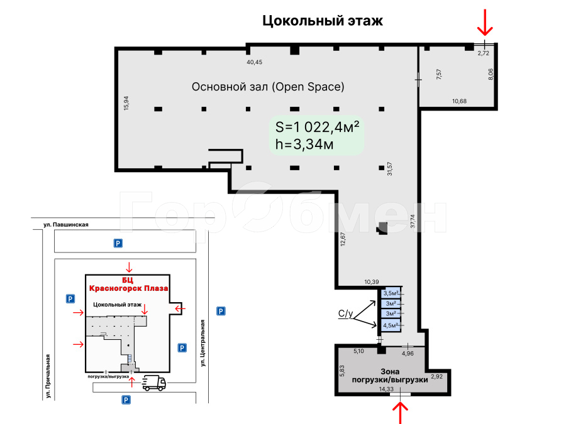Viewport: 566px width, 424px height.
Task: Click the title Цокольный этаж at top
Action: coord(323,21)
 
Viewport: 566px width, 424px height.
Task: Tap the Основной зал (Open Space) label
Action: coord(268,87)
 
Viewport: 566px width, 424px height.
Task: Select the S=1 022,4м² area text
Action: coord(317,127)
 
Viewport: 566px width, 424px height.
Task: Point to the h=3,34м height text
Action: coord(304,144)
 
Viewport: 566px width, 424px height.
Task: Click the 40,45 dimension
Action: coord(255,62)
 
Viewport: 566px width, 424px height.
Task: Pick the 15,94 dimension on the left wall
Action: coord(126,103)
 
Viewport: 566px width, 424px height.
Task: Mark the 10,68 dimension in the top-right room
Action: coord(459,101)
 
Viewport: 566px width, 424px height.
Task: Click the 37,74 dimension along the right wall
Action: coord(413,221)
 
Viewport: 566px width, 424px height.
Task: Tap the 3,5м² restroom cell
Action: coord(391,293)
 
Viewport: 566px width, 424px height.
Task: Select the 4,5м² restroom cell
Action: coord(391,325)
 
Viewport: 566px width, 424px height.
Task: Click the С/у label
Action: coord(345,313)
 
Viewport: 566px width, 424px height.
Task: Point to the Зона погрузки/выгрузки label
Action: coord(390,376)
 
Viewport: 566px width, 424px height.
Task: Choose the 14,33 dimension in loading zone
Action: coord(386,389)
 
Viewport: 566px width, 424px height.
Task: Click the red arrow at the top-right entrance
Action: coord(485,23)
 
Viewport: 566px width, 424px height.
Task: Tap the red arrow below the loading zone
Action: coord(400,413)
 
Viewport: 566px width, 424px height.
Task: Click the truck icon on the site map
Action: coord(154,383)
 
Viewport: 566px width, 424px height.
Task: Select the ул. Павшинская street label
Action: coord(66,225)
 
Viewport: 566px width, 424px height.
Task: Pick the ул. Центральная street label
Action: coord(203,343)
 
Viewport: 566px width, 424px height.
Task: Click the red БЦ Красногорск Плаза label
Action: coord(128,285)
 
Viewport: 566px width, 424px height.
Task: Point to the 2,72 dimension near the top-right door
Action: coord(484,53)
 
